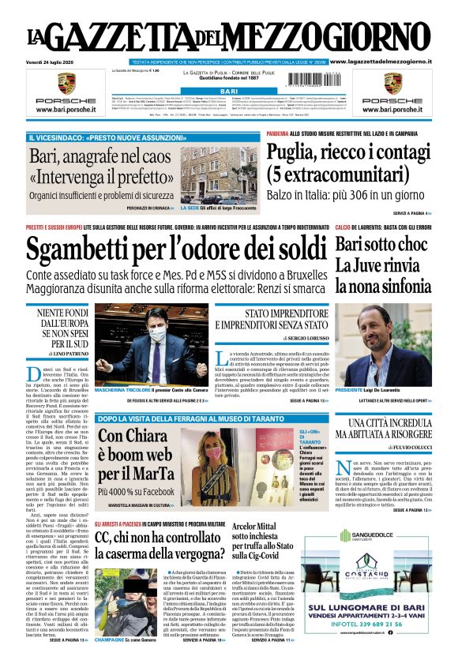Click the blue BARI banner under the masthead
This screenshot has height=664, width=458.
[x=228, y=92]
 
